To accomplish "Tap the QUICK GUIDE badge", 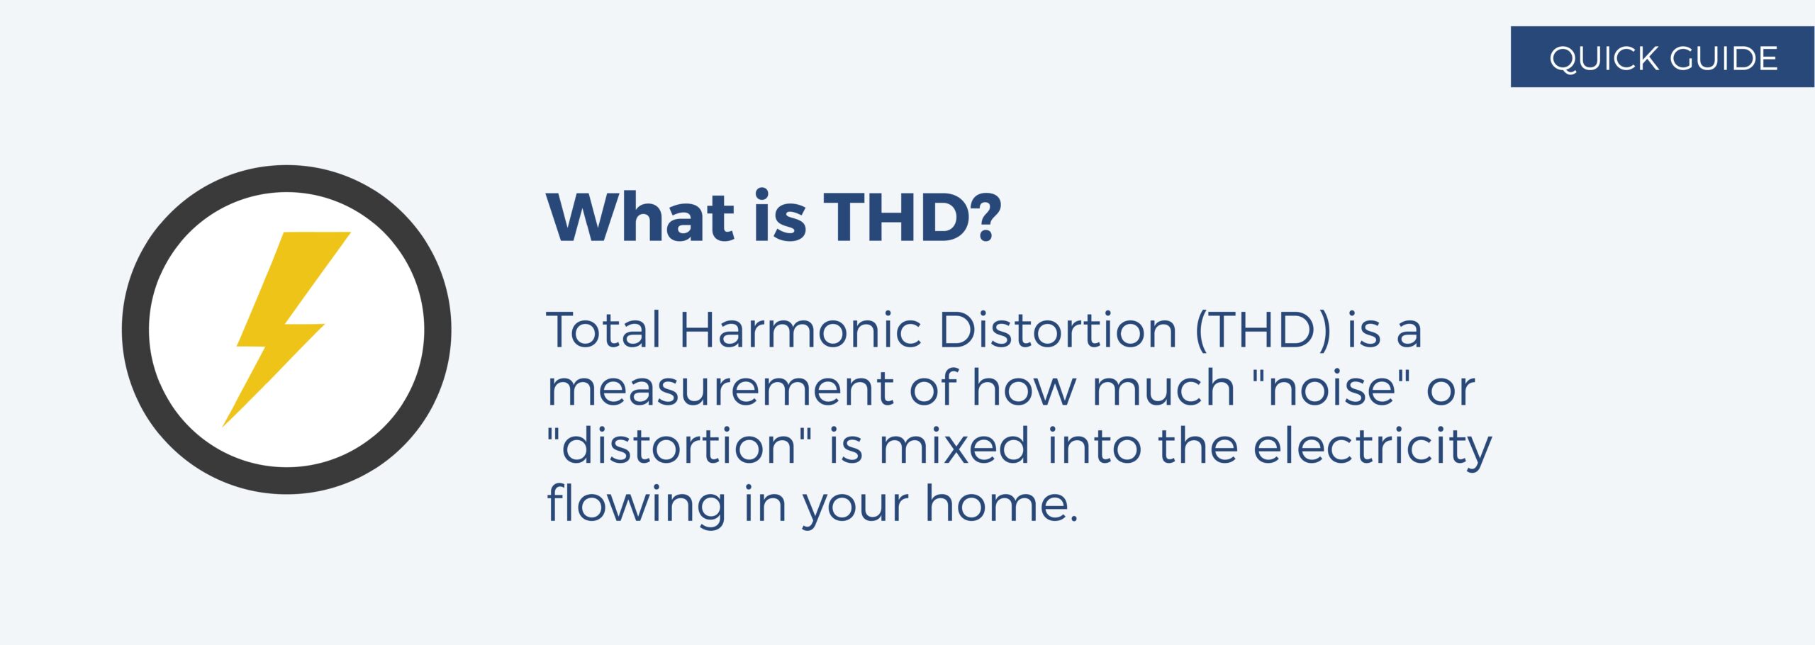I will click(1662, 57).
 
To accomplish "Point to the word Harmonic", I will click(800, 330).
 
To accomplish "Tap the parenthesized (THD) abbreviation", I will click(1263, 330).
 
